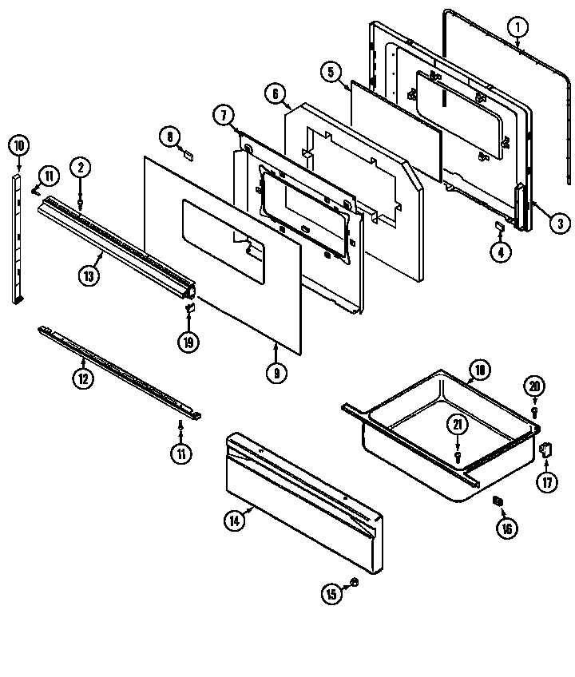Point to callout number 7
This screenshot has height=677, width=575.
[223, 114]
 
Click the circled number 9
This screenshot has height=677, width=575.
[275, 373]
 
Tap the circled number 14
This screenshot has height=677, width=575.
[235, 521]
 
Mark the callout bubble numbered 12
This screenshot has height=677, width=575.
[83, 378]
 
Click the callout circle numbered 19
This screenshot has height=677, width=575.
[188, 341]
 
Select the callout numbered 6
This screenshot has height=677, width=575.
[276, 94]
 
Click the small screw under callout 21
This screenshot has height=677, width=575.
[457, 457]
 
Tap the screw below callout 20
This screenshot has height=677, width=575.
[534, 412]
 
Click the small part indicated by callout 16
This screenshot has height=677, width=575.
[498, 501]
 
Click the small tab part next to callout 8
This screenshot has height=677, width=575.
[189, 156]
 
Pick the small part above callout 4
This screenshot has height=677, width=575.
[500, 228]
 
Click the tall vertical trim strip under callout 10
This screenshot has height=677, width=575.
[18, 240]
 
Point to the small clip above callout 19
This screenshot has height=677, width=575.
[190, 307]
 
